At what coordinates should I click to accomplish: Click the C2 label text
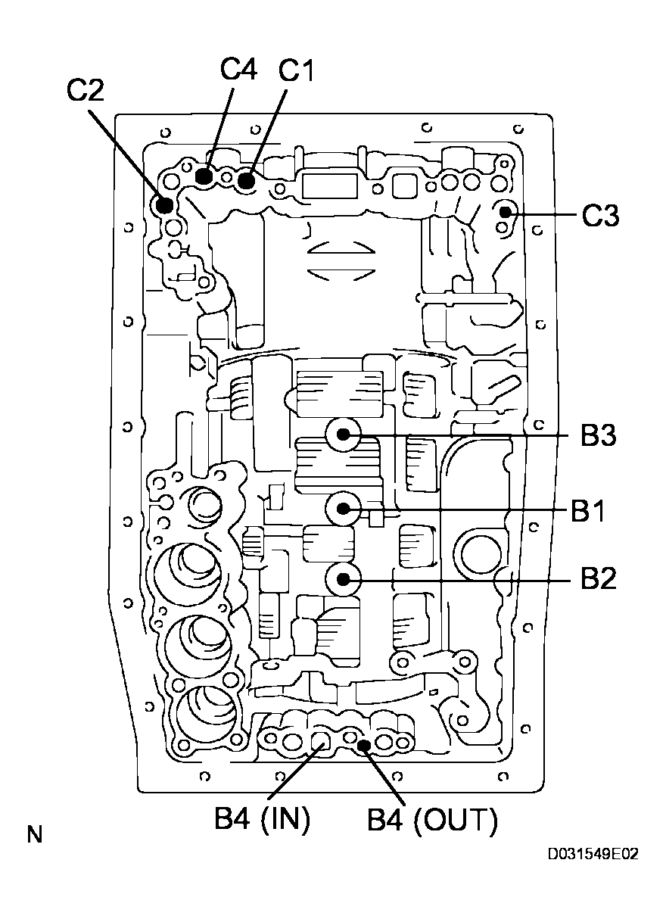click(x=86, y=90)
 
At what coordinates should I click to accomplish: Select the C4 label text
click(x=238, y=70)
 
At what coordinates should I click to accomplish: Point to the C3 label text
click(x=600, y=216)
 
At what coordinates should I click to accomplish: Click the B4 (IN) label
click(x=262, y=821)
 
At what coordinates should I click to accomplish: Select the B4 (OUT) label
click(x=432, y=821)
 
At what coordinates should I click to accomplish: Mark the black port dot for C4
click(x=204, y=176)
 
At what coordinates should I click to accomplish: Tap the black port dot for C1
click(x=245, y=180)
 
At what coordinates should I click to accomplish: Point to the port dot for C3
click(x=505, y=214)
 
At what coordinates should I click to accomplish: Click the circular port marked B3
click(x=344, y=435)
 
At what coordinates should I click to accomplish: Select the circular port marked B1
click(x=344, y=508)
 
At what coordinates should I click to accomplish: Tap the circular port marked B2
click(x=344, y=579)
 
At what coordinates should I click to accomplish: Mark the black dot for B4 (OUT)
click(x=364, y=746)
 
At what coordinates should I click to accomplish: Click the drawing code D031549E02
click(x=593, y=855)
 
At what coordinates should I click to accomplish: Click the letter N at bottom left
click(x=35, y=836)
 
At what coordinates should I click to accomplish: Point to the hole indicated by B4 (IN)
click(x=320, y=743)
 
